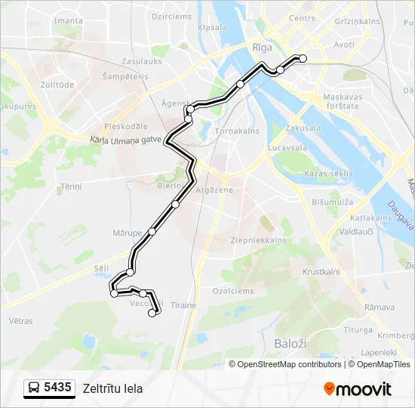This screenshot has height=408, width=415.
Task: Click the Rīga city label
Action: coord(262,47)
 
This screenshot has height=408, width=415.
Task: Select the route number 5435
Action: coord(57,388)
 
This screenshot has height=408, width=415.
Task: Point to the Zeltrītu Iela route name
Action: coord(112,389)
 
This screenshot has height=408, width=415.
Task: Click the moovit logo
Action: coord(358,389)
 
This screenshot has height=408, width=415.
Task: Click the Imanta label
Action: coord(69,20)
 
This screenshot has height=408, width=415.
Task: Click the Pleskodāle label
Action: coord(126,126)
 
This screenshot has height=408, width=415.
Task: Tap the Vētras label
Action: coord(21,320)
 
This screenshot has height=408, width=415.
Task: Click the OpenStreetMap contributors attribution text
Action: coord(290,364)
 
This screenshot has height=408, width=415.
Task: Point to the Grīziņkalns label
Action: coord(356,21)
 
